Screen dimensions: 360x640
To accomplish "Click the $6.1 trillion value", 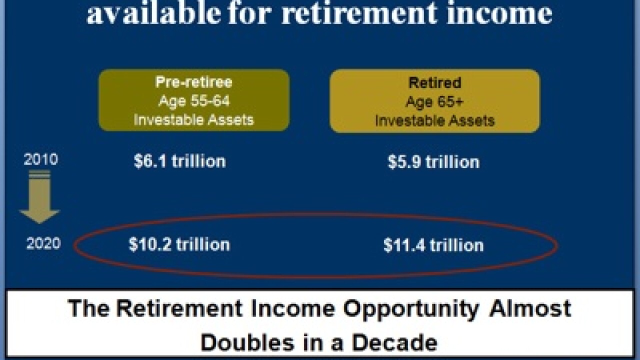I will tap(180, 161).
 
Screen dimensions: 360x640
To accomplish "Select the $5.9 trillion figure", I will tap(433, 162).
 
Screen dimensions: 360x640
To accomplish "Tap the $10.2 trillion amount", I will tap(179, 244).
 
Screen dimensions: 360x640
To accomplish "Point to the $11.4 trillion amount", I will tap(433, 245).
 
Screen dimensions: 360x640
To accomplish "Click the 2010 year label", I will tap(40, 160).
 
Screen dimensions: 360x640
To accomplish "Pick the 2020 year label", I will tap(43, 244).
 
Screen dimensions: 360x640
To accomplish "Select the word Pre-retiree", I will tap(194, 82).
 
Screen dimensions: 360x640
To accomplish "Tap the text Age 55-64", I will tap(194, 101).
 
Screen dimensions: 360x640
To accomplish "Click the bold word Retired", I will tap(434, 83).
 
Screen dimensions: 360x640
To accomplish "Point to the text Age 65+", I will tap(434, 101).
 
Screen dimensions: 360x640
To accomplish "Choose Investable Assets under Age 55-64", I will tap(194, 119).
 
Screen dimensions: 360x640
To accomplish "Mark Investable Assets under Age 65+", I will tap(434, 120).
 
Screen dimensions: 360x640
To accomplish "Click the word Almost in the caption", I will tap(530, 308).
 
